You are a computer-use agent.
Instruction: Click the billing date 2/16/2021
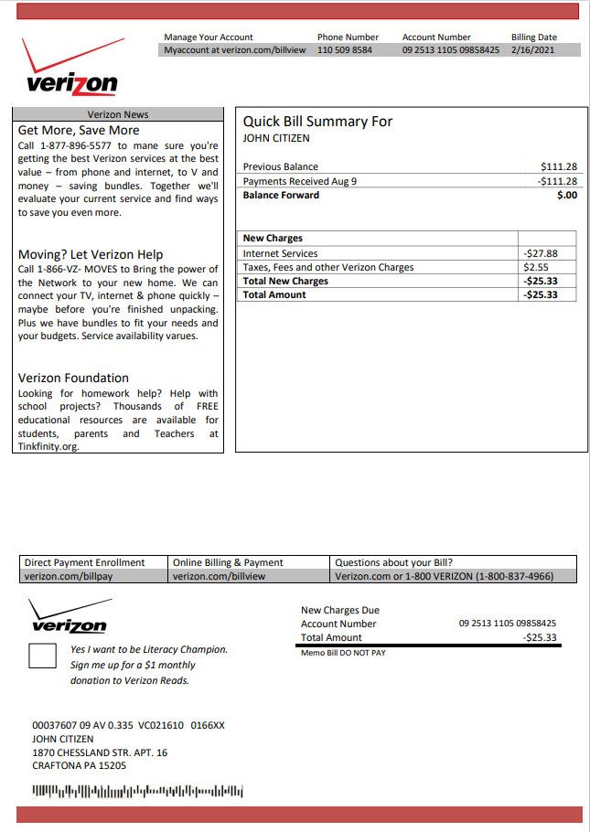tap(532, 50)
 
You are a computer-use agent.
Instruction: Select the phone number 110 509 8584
tap(345, 50)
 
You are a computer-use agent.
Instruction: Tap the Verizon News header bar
tap(118, 114)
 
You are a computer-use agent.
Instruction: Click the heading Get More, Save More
tap(79, 130)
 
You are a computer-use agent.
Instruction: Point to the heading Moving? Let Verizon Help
tap(91, 254)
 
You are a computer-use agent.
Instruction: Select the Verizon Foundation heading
tap(73, 378)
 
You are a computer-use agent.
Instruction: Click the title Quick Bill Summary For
tap(317, 122)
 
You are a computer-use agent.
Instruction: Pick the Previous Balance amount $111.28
tap(559, 167)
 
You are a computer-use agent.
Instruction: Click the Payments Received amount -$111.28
tap(557, 181)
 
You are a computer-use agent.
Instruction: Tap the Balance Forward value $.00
tap(566, 195)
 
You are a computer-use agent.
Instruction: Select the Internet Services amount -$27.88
tap(539, 254)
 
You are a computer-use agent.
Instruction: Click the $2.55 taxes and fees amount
tap(535, 268)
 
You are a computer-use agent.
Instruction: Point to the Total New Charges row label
tap(285, 282)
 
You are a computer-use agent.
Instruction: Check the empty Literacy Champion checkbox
tap(43, 656)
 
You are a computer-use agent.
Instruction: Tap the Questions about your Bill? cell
tap(394, 562)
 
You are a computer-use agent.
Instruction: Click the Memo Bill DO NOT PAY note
tap(343, 653)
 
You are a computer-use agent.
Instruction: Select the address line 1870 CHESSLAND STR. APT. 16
tap(100, 752)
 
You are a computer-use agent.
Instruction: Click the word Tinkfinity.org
tap(48, 447)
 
